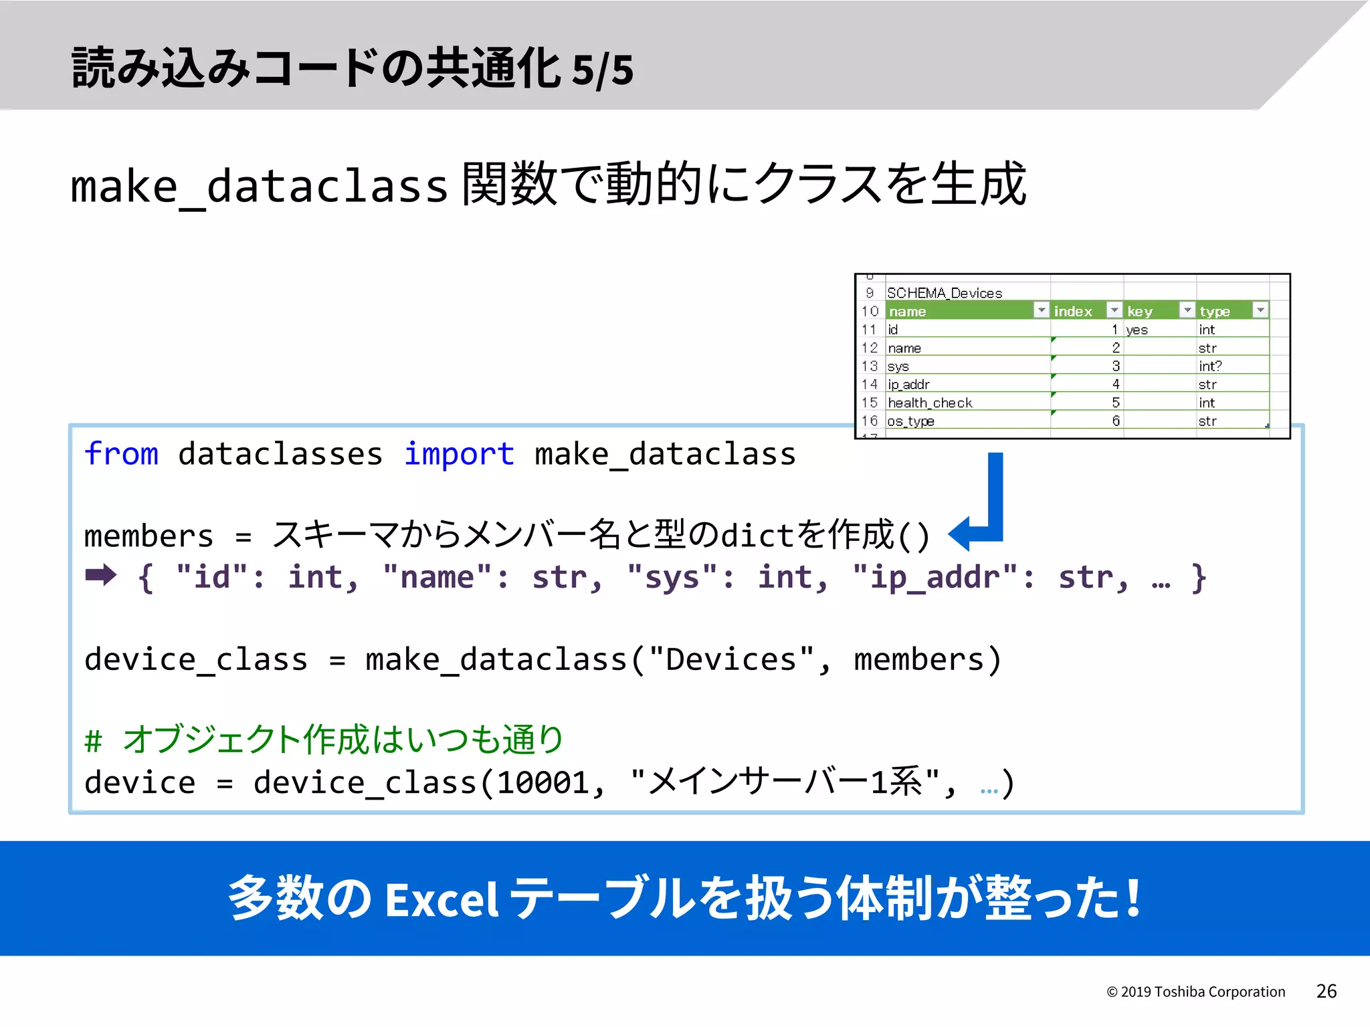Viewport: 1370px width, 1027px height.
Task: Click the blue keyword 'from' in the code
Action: tap(121, 454)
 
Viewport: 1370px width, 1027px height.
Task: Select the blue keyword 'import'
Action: tap(459, 454)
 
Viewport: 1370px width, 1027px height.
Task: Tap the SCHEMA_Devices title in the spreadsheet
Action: tap(944, 293)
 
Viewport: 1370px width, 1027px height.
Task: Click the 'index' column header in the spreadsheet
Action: tap(1072, 311)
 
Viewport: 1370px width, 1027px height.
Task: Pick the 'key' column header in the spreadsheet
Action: tap(1139, 311)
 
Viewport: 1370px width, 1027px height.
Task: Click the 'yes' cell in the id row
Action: tap(1137, 330)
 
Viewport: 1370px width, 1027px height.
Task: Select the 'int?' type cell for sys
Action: tap(1209, 366)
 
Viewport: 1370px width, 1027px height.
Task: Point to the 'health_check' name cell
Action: tap(930, 403)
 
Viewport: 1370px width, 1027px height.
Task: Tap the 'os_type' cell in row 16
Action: tap(910, 421)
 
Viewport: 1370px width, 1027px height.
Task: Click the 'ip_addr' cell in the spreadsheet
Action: tap(908, 384)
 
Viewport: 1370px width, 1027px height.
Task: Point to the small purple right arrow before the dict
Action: tap(101, 575)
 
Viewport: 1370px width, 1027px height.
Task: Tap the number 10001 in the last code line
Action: tap(543, 783)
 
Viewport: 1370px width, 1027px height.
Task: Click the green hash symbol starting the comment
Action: tap(93, 741)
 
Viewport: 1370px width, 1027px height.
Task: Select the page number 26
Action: tap(1326, 991)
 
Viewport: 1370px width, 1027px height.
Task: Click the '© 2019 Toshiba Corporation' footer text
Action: tap(1195, 992)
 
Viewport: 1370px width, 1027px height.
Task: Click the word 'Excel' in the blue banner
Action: tap(442, 899)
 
